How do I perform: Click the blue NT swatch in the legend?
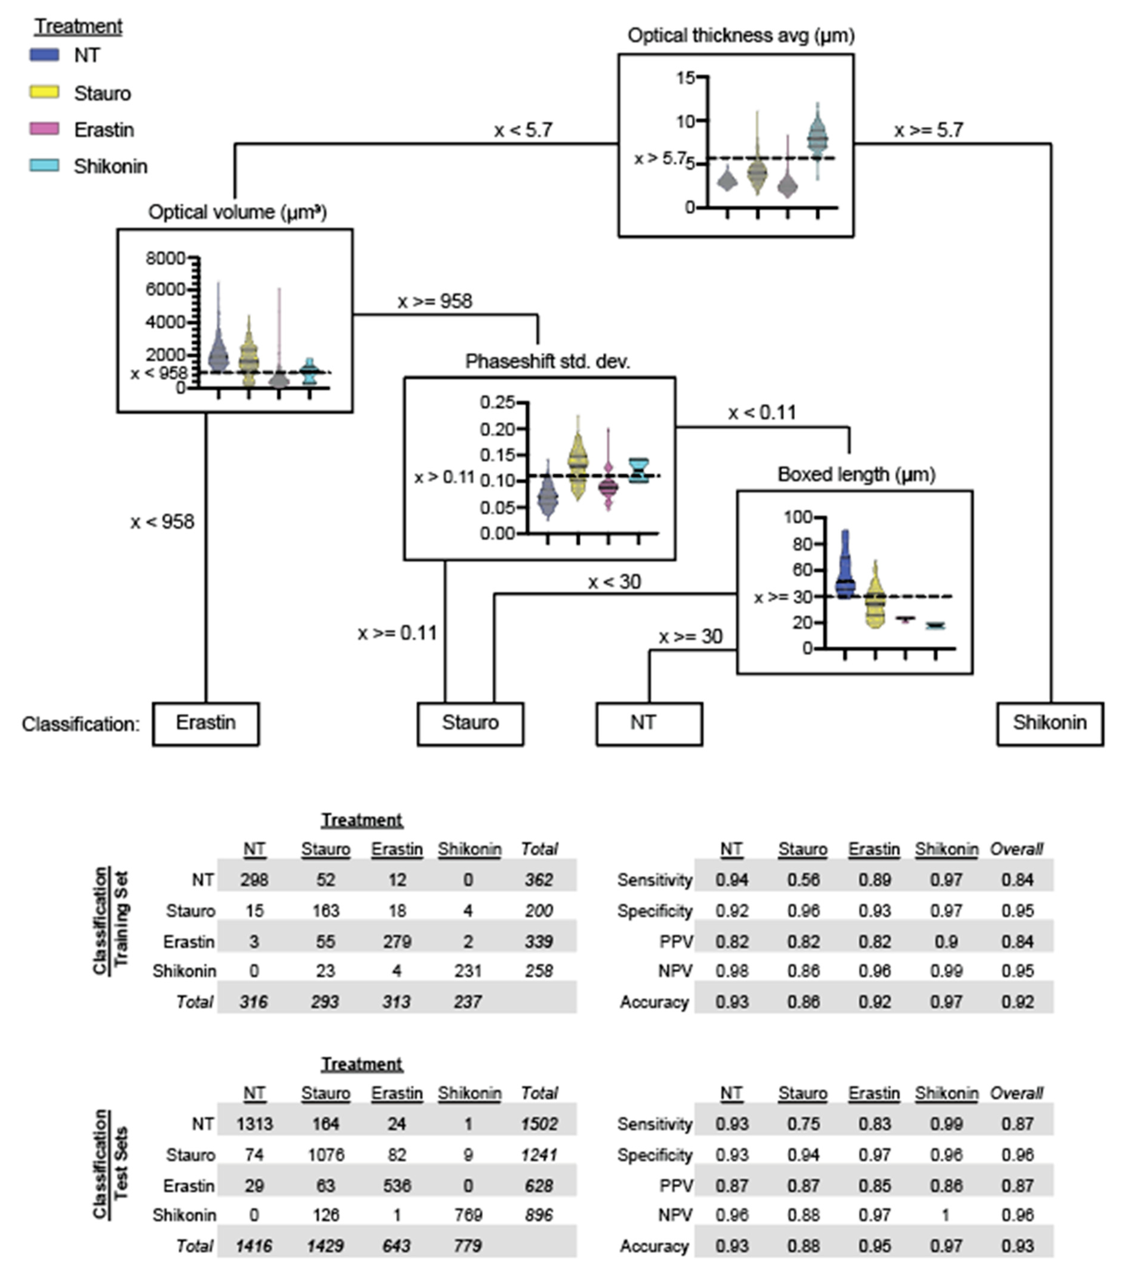[44, 55]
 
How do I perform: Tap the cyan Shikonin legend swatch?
[44, 166]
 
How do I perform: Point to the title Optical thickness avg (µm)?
[740, 36]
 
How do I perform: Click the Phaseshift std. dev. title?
[547, 362]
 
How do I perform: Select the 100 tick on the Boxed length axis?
[798, 517]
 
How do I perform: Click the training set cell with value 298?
[254, 880]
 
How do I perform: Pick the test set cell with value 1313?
[254, 1124]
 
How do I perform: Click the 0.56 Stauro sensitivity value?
[803, 880]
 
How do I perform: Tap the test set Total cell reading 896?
[539, 1215]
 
